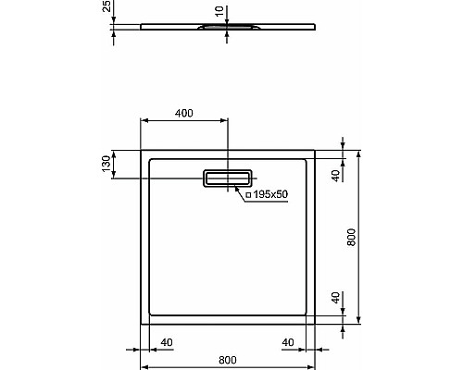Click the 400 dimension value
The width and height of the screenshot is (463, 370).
coord(183,113)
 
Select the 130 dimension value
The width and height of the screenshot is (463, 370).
coord(107,165)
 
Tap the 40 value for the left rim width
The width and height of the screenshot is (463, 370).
coord(167,343)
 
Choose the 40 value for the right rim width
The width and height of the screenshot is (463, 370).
coord(288,343)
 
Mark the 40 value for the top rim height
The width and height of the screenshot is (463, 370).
coord(336,172)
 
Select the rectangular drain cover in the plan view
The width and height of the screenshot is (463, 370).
coord(228,179)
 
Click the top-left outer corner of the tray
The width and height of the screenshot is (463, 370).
coord(141,148)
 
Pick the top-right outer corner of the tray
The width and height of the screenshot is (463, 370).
coord(316,148)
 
